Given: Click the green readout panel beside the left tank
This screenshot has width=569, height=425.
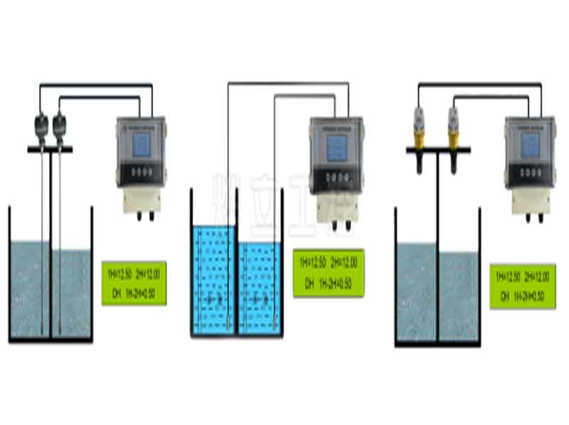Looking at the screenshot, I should point(134,283).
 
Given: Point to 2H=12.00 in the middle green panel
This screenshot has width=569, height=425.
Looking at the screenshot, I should point(347,263).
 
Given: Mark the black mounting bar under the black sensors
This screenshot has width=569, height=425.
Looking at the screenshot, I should point(50,149).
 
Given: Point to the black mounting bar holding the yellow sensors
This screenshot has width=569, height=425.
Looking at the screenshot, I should point(438,149).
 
